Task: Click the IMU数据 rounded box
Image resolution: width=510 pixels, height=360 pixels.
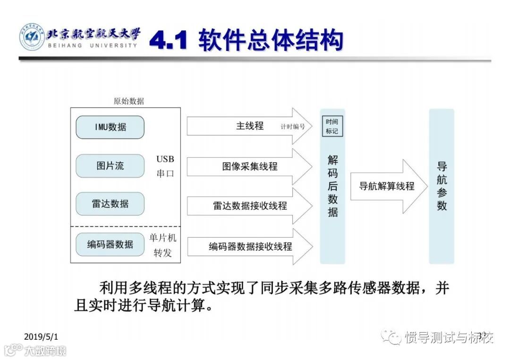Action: [x=110, y=127]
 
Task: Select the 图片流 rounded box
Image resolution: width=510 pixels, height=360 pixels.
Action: [x=110, y=166]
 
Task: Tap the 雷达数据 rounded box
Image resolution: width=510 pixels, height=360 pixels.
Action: [x=110, y=204]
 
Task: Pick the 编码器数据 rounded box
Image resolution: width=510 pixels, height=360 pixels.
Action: [x=110, y=244]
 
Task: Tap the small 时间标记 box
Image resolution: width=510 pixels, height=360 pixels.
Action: [x=332, y=126]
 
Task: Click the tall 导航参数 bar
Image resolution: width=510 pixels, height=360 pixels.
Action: [x=442, y=186]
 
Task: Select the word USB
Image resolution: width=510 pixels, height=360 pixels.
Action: [x=165, y=159]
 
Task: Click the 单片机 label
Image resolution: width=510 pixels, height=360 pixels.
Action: [x=162, y=238]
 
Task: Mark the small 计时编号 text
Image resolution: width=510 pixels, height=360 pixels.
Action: [x=293, y=127]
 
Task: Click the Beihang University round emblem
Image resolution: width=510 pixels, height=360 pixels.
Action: [x=32, y=37]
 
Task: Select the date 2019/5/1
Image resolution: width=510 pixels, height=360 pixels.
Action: [x=41, y=336]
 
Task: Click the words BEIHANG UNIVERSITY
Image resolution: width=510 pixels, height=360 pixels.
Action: [x=93, y=45]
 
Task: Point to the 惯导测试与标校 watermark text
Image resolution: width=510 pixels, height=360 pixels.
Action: [x=449, y=337]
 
